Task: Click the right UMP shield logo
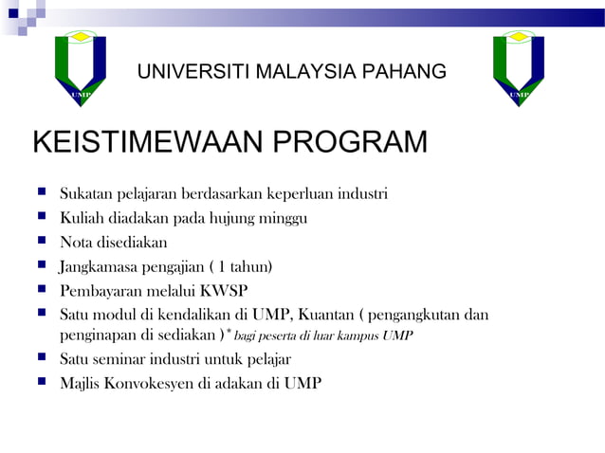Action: (x=519, y=68)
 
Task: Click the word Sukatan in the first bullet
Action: (x=85, y=194)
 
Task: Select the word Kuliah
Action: (x=82, y=218)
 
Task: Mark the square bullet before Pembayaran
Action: (x=42, y=289)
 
